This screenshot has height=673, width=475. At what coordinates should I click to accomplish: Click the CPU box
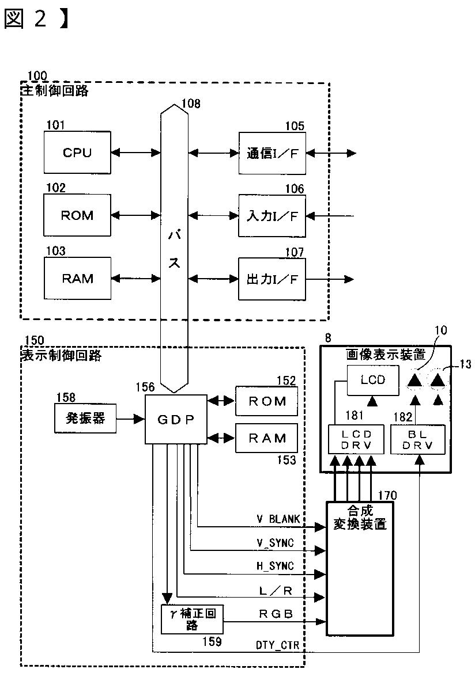(77, 153)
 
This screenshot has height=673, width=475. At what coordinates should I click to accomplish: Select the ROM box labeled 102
(77, 215)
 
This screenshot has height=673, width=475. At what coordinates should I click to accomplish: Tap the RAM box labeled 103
(77, 278)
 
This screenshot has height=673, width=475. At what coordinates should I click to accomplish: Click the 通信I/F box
(272, 153)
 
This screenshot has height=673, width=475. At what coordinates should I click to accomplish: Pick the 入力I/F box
(272, 216)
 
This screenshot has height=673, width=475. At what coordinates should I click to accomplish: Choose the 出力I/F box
(272, 279)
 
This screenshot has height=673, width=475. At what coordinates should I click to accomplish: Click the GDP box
(176, 419)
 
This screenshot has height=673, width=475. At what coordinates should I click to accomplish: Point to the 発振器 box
(85, 418)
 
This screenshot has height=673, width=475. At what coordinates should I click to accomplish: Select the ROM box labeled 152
(266, 401)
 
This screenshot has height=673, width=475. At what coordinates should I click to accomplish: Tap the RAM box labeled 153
(266, 438)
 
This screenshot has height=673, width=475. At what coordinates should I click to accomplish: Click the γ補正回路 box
(192, 619)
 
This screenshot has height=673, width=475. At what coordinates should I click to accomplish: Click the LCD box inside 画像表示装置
(373, 381)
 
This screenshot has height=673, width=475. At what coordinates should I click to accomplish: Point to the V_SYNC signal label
(275, 543)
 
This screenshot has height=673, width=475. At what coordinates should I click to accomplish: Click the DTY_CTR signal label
(277, 645)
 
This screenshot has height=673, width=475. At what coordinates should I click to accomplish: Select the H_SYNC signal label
(275, 566)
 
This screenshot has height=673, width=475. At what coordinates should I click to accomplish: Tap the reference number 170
(387, 495)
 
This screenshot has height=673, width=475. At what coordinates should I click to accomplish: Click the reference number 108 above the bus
(191, 104)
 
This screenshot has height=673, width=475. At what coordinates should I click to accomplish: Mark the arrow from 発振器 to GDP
(131, 419)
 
